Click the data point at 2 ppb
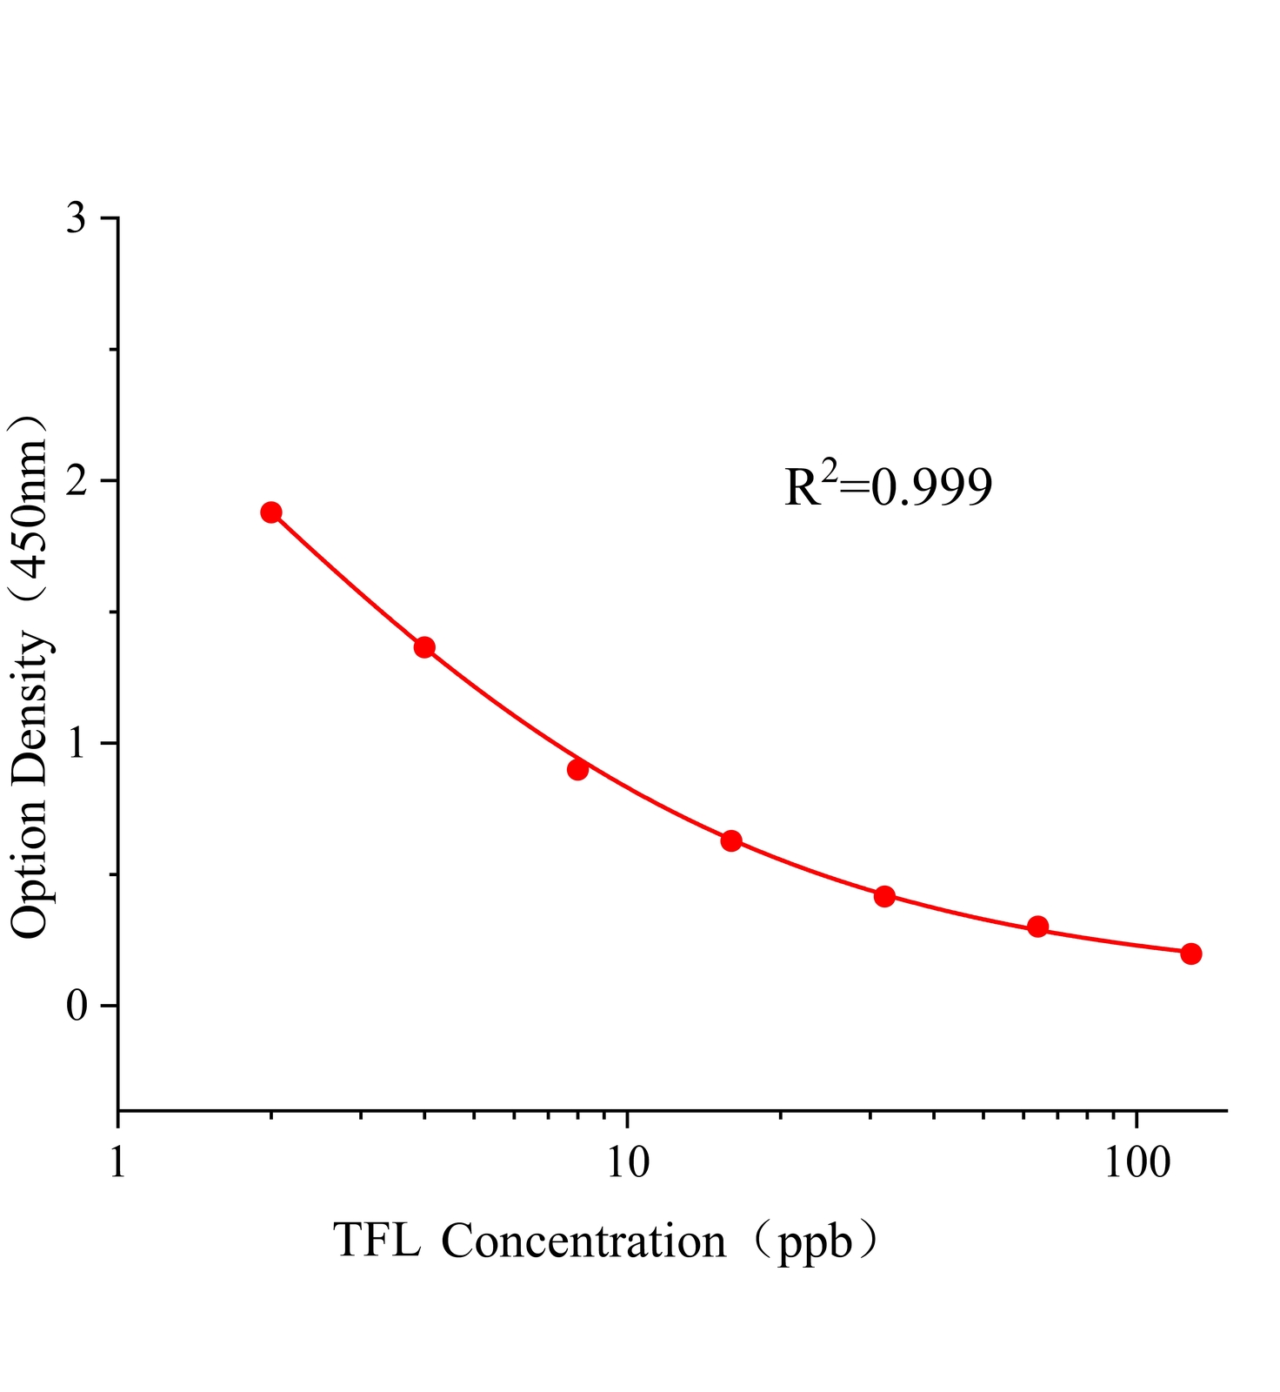coord(271,512)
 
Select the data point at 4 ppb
coord(424,647)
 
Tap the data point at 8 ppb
coord(577,769)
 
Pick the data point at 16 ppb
coord(731,840)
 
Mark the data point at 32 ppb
coord(884,896)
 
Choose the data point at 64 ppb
coord(1037,926)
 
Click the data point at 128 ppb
coord(1191,954)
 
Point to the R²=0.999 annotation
coord(888,487)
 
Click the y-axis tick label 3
coord(77,218)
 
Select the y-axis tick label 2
coord(77,480)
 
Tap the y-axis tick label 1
coord(77,743)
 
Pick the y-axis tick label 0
coord(77,1006)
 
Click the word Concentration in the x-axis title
coord(583,1241)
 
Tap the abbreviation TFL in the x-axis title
coord(377,1241)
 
